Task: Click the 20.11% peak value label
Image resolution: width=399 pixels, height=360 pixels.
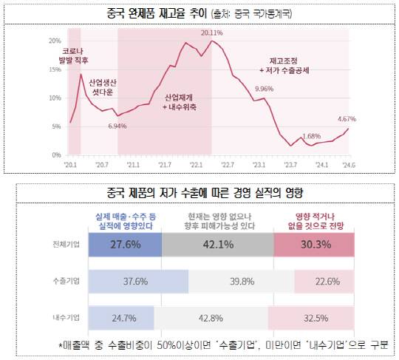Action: pyautogui.click(x=211, y=33)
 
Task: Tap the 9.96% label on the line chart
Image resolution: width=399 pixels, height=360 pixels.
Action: pyautogui.click(x=264, y=89)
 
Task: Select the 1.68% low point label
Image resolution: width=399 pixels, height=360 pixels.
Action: pyautogui.click(x=312, y=136)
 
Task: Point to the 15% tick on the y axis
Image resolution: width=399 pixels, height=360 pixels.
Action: pyautogui.click(x=54, y=69)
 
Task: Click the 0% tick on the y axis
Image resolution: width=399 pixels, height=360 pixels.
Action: pyautogui.click(x=56, y=155)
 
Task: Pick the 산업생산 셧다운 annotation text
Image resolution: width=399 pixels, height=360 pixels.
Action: pyautogui.click(x=103, y=87)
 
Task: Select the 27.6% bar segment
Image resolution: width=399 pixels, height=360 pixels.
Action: pyautogui.click(x=124, y=242)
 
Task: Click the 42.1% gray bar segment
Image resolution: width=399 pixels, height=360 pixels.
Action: pyautogui.click(x=217, y=242)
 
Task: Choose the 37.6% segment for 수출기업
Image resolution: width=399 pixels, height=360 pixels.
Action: pyautogui.click(x=137, y=281)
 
